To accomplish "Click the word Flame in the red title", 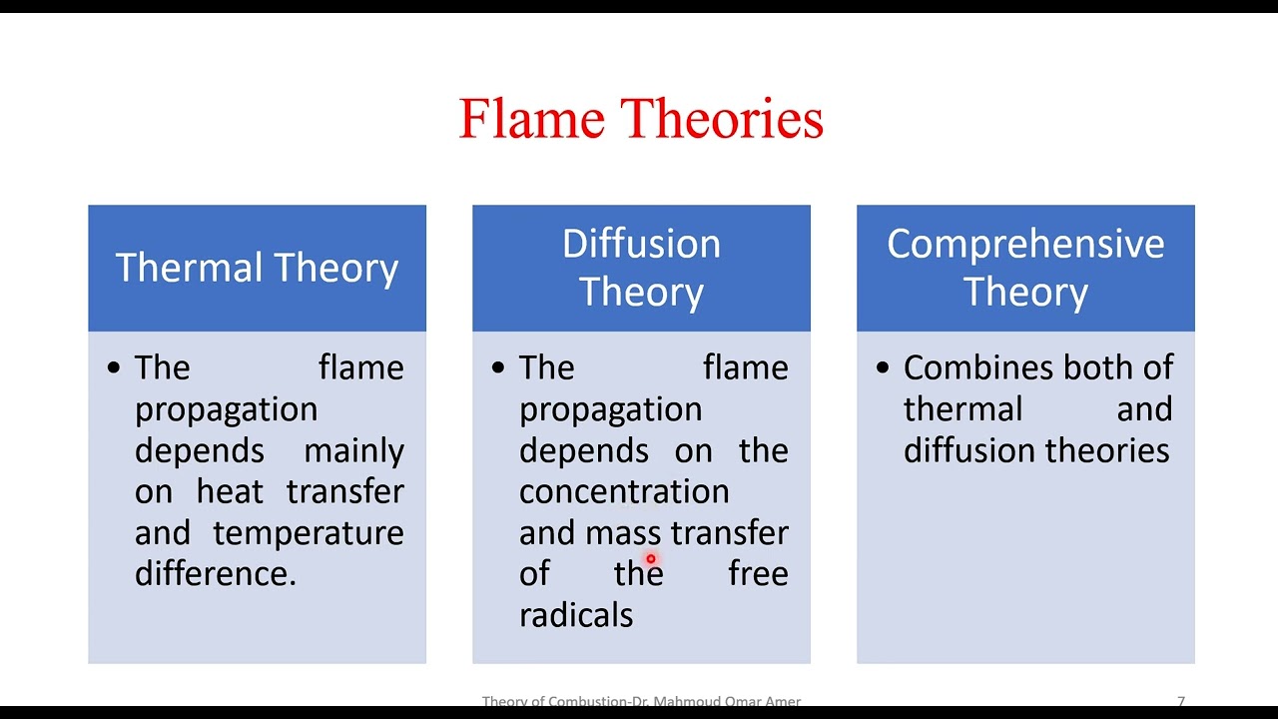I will coord(531,119).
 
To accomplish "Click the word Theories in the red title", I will coord(723,119).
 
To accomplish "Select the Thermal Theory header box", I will coord(257,268).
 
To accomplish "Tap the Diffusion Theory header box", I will coord(641,268).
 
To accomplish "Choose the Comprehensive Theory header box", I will coord(1025,268).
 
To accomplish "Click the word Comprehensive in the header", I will coord(1025,245).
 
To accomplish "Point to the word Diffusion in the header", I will coord(641,245).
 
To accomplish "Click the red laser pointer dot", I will coord(650,560).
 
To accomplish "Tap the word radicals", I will coord(576,615).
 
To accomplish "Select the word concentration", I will coord(624,492).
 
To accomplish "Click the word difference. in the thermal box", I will coord(216,574).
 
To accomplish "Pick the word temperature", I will coord(309,533).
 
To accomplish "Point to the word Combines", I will coord(964,368).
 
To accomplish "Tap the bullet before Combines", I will coord(883,367).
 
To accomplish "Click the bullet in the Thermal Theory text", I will coord(114,367).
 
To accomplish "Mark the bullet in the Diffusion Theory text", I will coord(498,367).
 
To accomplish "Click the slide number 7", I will coord(1181,702).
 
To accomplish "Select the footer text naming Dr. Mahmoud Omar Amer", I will coord(641,702).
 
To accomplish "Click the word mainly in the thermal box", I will coord(353,451).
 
